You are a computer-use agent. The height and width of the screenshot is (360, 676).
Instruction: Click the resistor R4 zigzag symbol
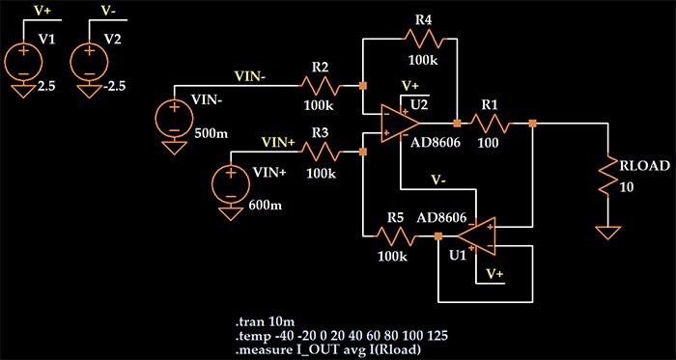pyautogui.click(x=423, y=40)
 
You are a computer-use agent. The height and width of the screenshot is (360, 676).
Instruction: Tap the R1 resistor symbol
pyautogui.click(x=491, y=124)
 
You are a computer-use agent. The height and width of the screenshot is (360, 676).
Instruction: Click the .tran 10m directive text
pyautogui.click(x=265, y=320)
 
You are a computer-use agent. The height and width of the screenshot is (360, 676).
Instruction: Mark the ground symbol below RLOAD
pyautogui.click(x=608, y=233)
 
